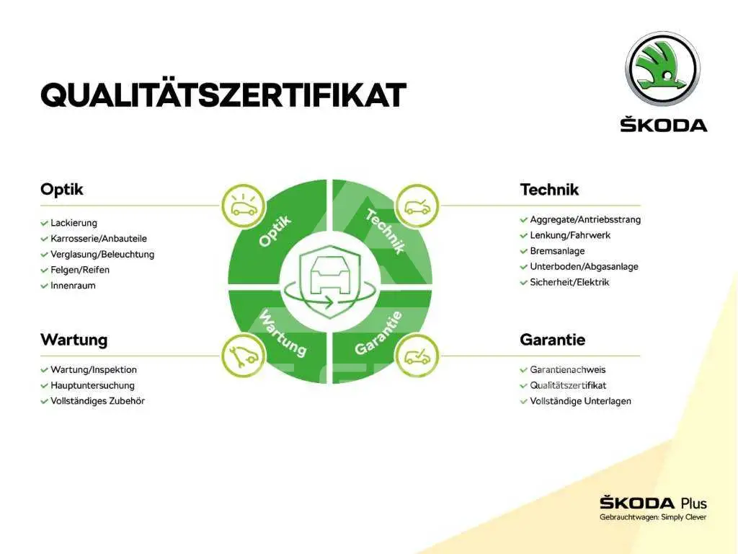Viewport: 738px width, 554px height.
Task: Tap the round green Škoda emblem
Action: tap(663, 69)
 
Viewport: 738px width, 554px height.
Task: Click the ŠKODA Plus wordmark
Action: tap(653, 503)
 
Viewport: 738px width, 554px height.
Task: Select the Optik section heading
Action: tap(62, 190)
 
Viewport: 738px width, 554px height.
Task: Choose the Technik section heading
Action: tap(549, 190)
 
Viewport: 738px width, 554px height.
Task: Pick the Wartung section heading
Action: tap(74, 340)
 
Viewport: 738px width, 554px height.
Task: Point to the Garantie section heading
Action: tap(553, 340)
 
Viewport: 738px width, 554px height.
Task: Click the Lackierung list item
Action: tap(74, 223)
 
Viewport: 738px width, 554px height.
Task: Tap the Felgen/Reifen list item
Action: tap(80, 270)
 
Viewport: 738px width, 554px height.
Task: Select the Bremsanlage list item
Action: tap(557, 251)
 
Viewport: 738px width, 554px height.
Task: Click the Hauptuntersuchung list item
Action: tap(93, 385)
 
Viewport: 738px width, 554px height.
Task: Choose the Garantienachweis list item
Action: tap(568, 370)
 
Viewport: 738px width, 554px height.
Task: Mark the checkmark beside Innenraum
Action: tap(44, 286)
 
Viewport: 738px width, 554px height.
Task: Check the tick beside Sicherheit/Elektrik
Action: tap(523, 283)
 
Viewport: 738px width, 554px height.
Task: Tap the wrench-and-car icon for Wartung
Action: tap(244, 355)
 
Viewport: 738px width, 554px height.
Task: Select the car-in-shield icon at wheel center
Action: tap(329, 281)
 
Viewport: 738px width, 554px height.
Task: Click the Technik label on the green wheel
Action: tap(385, 232)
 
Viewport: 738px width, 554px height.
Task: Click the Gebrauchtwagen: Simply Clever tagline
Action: tap(653, 518)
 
